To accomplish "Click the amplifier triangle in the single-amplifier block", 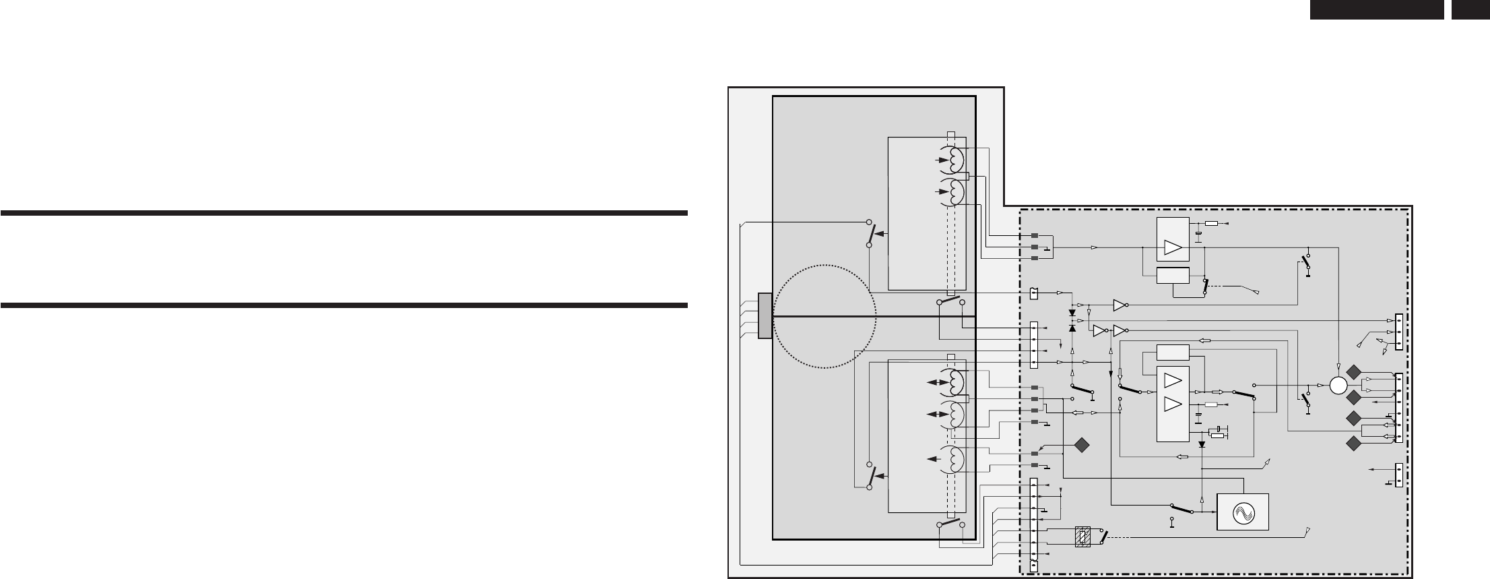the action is click(x=1173, y=248).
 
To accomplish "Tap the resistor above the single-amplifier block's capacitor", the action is click(x=1212, y=223).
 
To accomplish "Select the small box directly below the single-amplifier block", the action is click(x=1173, y=276).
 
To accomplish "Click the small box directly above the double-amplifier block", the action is click(x=1173, y=352).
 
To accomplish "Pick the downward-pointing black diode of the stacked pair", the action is click(x=1072, y=313).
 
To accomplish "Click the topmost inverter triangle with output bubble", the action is click(x=1120, y=305).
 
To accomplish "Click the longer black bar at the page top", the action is click(x=1375, y=9).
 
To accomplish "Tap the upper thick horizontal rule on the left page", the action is click(x=344, y=214).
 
